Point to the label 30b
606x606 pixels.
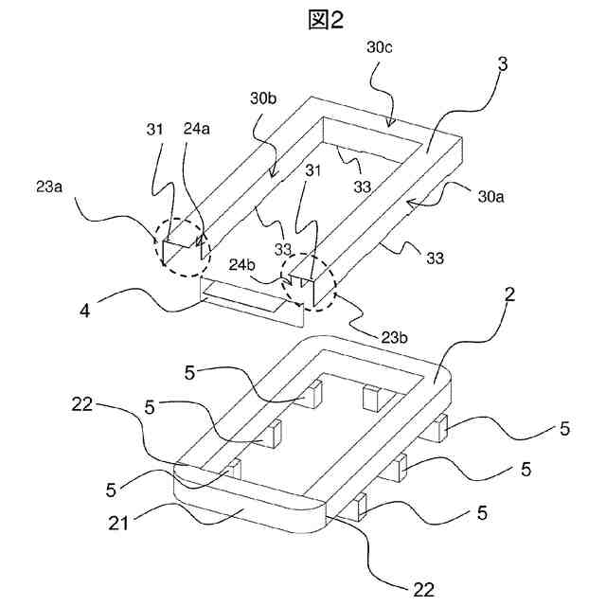click(x=264, y=99)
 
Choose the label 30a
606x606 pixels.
click(x=490, y=196)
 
